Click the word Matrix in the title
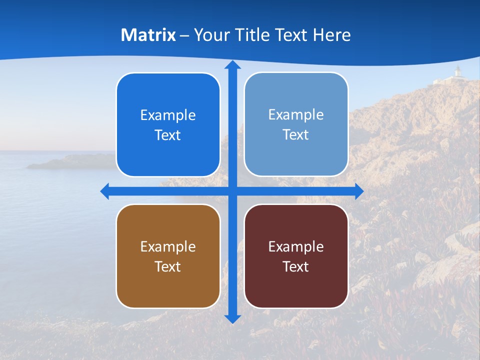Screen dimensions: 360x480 pos(148,35)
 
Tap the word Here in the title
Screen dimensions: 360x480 pos(332,35)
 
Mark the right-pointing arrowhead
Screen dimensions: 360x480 pos(359,191)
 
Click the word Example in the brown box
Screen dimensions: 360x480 pos(168,246)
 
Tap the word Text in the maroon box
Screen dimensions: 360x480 pos(296,266)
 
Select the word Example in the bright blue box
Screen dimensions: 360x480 pos(168,115)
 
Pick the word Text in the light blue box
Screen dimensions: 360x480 pos(296,135)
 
